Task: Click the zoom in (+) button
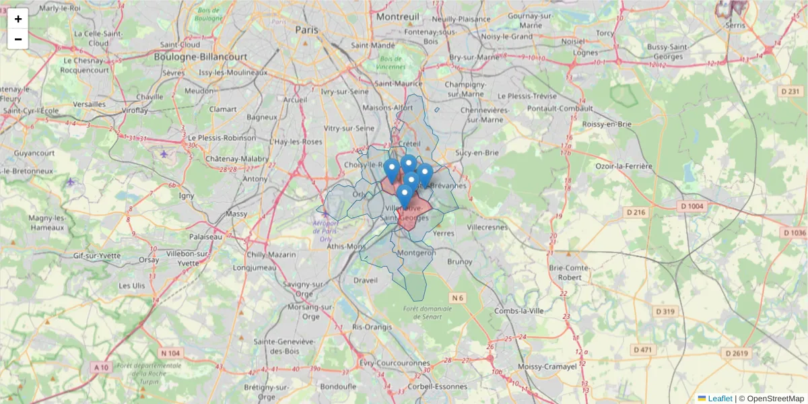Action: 18,19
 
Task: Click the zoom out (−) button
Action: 18,39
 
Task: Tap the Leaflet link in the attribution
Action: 720,398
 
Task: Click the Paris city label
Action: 306,30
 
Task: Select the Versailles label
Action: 89,104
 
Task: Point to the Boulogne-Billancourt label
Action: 201,57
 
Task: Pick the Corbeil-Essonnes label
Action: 437,386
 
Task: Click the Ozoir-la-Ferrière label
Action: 624,166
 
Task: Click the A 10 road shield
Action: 102,367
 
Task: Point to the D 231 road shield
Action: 790,91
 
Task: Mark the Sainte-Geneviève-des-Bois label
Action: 284,346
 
